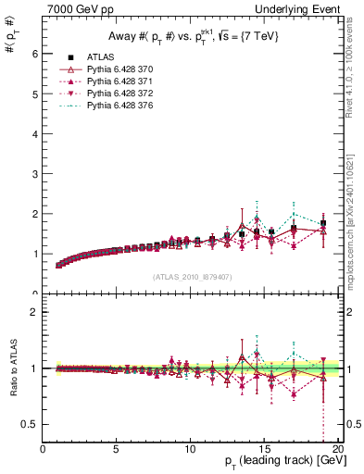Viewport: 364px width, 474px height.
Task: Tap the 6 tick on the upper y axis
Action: pyautogui.click(x=35, y=54)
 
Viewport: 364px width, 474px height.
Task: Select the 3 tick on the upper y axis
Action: pyautogui.click(x=35, y=174)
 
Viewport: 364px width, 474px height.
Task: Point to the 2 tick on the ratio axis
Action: pyautogui.click(x=35, y=312)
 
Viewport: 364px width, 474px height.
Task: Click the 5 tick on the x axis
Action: pyautogui.click(x=117, y=448)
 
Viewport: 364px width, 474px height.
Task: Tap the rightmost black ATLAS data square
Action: pyautogui.click(x=323, y=223)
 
